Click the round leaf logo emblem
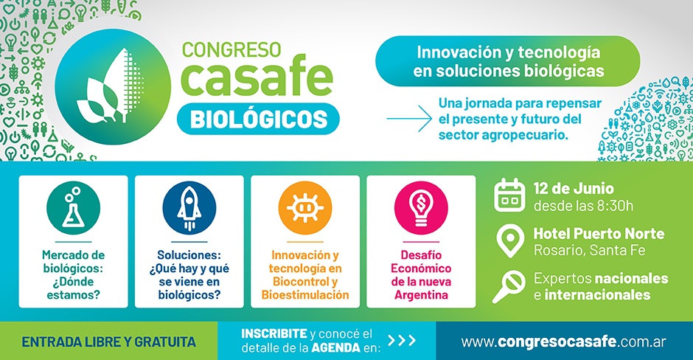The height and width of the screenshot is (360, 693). [112, 87]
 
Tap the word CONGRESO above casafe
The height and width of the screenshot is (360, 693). [231, 49]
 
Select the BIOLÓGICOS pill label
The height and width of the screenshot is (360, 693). [258, 119]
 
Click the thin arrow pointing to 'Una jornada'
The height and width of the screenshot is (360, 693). [409, 119]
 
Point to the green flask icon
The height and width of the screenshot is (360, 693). [74, 208]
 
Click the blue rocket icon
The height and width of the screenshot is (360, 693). [189, 208]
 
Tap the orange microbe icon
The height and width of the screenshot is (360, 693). [305, 208]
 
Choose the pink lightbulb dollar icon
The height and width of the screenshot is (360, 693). [421, 208]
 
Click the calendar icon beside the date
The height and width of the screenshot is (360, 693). [509, 195]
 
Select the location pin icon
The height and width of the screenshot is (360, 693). [510, 241]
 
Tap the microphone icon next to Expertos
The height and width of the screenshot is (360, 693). [509, 286]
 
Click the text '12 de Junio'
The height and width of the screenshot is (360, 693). [574, 188]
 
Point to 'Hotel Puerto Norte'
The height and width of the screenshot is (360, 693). [599, 233]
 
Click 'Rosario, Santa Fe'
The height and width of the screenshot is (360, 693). [590, 250]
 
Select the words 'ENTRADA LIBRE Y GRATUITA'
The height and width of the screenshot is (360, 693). [108, 342]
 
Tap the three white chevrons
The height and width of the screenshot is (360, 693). [402, 340]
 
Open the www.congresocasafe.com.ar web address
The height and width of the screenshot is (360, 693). [563, 342]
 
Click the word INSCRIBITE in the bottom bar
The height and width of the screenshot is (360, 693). [274, 333]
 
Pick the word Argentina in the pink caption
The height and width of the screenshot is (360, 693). [421, 295]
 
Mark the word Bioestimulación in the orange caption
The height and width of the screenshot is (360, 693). [305, 295]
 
